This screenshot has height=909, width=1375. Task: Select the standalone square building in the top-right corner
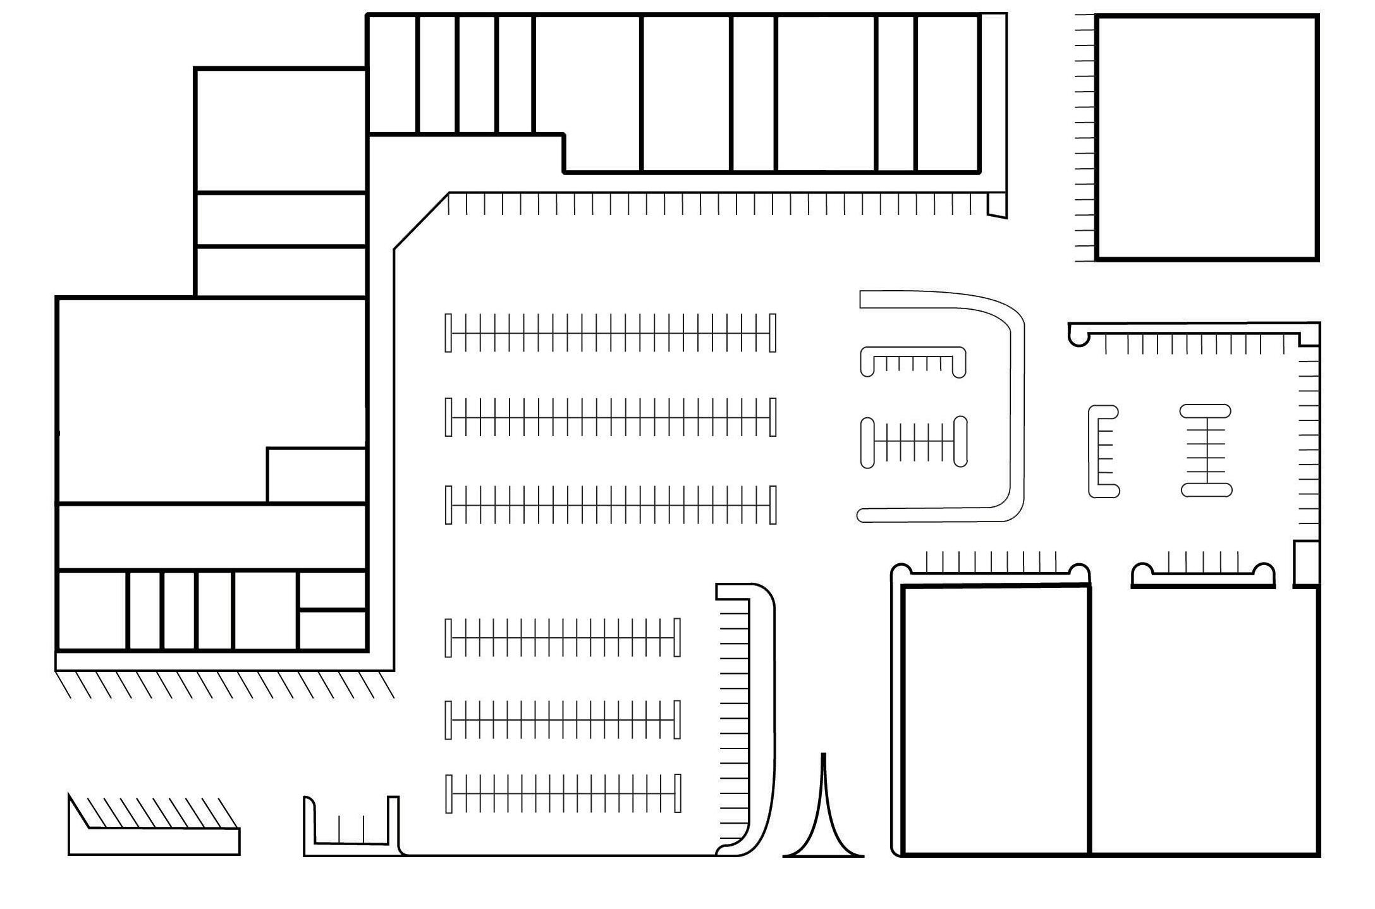pyautogui.click(x=1206, y=137)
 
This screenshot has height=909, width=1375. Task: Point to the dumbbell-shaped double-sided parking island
pyautogui.click(x=914, y=442)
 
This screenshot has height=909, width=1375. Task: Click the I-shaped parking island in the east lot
pyautogui.click(x=1206, y=450)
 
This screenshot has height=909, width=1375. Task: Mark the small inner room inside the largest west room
pyautogui.click(x=316, y=475)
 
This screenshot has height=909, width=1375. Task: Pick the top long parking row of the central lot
pyautogui.click(x=610, y=332)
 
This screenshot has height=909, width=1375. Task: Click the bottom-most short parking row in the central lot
pyautogui.click(x=563, y=793)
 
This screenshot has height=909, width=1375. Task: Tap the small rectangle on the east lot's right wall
pyautogui.click(x=1306, y=563)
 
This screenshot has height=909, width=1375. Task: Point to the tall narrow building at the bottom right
pyautogui.click(x=996, y=721)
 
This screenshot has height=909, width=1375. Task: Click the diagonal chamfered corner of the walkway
pyautogui.click(x=421, y=221)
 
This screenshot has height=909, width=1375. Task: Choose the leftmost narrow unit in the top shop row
pyautogui.click(x=392, y=75)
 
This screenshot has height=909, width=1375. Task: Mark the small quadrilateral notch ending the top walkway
pyautogui.click(x=996, y=205)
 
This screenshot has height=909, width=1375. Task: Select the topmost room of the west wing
pyautogui.click(x=281, y=130)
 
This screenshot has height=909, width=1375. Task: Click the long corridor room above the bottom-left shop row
pyautogui.click(x=212, y=537)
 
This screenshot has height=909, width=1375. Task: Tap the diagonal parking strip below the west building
pyautogui.click(x=224, y=684)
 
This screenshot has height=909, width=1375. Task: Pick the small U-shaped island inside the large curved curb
pyautogui.click(x=913, y=361)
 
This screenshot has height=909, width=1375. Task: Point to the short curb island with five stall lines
pyautogui.click(x=1202, y=572)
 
